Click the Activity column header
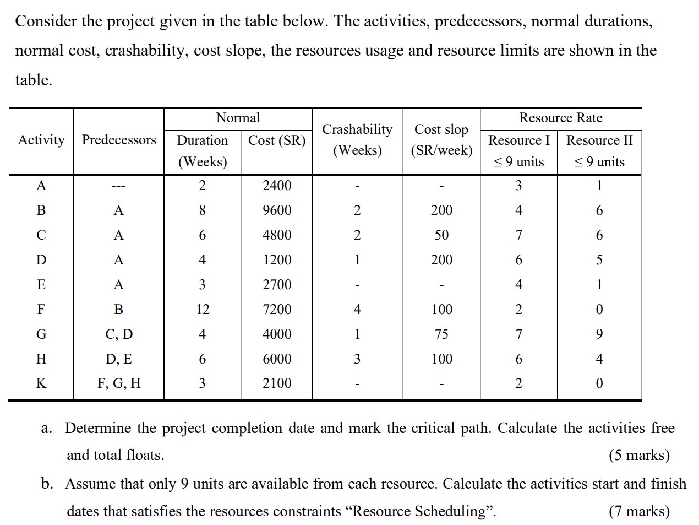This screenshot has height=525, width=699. [41, 140]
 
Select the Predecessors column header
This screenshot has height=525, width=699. [119, 140]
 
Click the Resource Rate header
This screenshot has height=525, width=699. [560, 118]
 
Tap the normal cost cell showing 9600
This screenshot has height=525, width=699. [277, 210]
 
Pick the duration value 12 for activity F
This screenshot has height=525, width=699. [203, 310]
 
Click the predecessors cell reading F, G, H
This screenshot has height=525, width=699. [119, 383]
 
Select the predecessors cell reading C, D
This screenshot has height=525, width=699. [119, 334]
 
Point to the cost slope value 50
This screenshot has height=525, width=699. [441, 235]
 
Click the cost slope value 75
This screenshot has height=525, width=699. [441, 334]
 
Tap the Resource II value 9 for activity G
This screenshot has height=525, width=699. [599, 334]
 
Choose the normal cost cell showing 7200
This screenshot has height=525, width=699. [277, 310]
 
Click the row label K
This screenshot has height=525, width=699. [41, 383]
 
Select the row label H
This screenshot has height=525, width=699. [41, 359]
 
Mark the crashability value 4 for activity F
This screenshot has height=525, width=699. [357, 310]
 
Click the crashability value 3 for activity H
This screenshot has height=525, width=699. [357, 359]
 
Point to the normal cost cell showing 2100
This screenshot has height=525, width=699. [277, 383]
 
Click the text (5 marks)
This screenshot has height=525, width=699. [639, 456]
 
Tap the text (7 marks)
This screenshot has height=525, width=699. [639, 512]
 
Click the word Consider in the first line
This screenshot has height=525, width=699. [46, 21]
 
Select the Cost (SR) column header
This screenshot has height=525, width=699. [277, 140]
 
